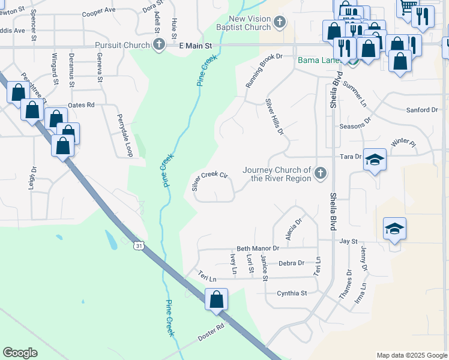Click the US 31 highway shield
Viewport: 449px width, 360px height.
139,246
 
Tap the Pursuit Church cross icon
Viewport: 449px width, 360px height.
159,45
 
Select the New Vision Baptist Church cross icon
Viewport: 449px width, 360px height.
279,23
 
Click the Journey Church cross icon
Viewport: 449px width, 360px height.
321,174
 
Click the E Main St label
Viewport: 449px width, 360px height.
196,46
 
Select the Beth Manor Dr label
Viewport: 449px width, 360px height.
258,248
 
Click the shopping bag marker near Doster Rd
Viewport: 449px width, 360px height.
216,299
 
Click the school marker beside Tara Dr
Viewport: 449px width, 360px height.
375,160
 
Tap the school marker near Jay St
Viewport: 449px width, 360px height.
394,229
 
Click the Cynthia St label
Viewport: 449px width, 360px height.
292,293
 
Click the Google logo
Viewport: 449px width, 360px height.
20,353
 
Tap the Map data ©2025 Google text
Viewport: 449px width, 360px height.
412,355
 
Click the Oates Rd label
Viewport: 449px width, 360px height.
82,105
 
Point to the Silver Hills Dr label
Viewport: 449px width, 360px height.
274,117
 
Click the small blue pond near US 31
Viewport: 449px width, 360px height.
112,240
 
